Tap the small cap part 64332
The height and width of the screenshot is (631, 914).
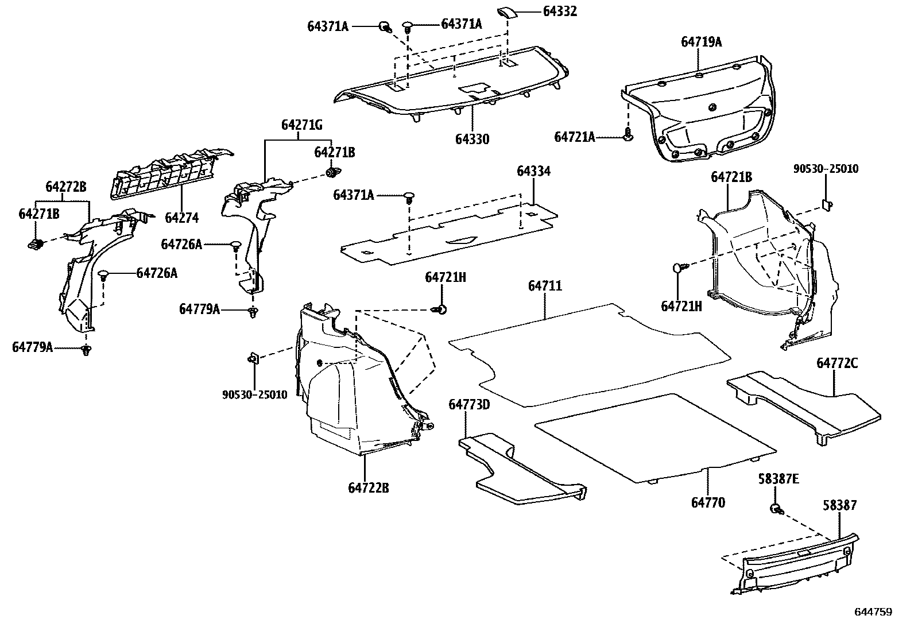[x=508, y=13]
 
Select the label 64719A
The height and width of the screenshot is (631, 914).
[x=701, y=42]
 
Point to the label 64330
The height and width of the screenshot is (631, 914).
[x=473, y=140]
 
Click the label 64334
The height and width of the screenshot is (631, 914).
[x=533, y=171]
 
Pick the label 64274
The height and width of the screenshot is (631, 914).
[x=181, y=218]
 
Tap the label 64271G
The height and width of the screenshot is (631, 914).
[x=301, y=125]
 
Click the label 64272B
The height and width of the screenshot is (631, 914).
[x=66, y=187]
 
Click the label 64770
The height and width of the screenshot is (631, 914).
[x=708, y=503]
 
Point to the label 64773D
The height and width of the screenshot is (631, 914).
[x=469, y=405]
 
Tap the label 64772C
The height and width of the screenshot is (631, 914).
[x=837, y=363]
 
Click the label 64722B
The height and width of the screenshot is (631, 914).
[x=369, y=488]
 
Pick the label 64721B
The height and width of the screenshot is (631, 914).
[x=731, y=177]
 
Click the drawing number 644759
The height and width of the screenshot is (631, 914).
[x=873, y=612]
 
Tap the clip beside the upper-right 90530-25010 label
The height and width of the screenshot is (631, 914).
[x=827, y=204]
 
